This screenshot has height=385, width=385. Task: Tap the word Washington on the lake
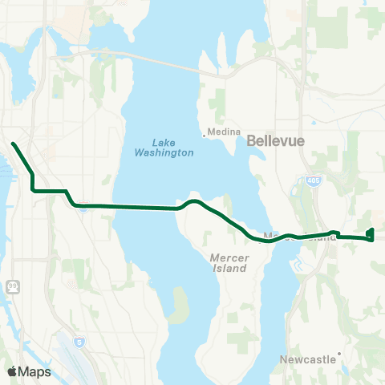[164, 152]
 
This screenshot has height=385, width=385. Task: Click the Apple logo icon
[12, 371]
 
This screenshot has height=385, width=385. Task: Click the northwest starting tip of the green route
[14, 144]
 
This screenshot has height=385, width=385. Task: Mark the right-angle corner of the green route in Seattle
[32, 191]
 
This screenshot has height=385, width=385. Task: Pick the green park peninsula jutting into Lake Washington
[181, 302]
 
